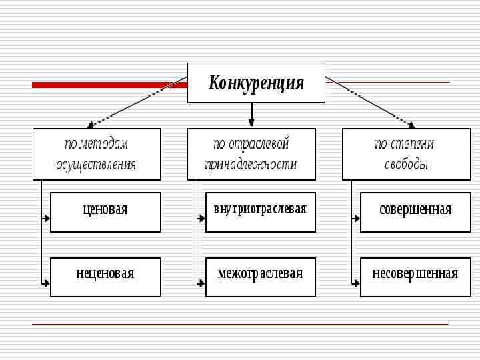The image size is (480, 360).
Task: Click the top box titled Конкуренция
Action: click(256, 83)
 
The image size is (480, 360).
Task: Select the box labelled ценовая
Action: click(105, 211)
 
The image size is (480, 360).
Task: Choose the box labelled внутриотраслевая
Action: click(260, 211)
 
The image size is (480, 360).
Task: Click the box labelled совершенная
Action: click(415, 211)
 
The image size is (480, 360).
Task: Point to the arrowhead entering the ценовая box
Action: click(47, 218)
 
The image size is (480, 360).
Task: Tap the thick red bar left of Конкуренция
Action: click(110, 85)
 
